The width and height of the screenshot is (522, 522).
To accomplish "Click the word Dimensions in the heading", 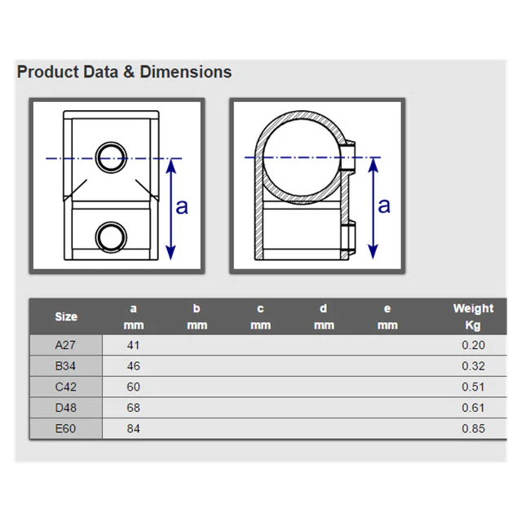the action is click(186, 72).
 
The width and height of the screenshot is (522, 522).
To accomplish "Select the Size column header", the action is click(66, 316).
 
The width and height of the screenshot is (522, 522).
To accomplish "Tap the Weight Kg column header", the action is click(473, 316).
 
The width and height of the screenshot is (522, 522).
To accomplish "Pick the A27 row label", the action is click(65, 345).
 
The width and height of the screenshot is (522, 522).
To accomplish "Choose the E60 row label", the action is click(65, 428).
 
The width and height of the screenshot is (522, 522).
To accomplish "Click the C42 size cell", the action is click(65, 387).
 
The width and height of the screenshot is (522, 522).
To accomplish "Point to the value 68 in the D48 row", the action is click(133, 408).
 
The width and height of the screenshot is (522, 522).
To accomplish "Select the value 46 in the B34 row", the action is click(133, 366).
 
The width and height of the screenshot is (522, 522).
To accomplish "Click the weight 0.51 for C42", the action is click(473, 387).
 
